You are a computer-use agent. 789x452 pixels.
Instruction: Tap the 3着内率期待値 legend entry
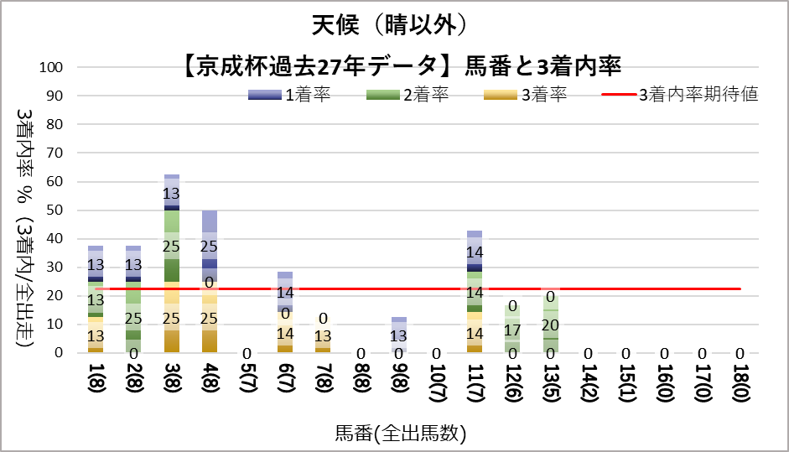tap(680, 95)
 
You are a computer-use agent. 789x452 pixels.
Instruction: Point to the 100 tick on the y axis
tap(52, 67)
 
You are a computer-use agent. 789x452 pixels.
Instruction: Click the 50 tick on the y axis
tap(55, 210)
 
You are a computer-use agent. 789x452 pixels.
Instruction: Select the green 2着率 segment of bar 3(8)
tap(172, 245)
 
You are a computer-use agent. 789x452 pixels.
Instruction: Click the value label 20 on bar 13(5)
tap(550, 325)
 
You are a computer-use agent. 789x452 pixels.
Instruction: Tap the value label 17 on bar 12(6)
tap(512, 330)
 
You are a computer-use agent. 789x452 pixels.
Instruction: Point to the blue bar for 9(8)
tap(399, 335)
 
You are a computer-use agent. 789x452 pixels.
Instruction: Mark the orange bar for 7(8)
tap(323, 335)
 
